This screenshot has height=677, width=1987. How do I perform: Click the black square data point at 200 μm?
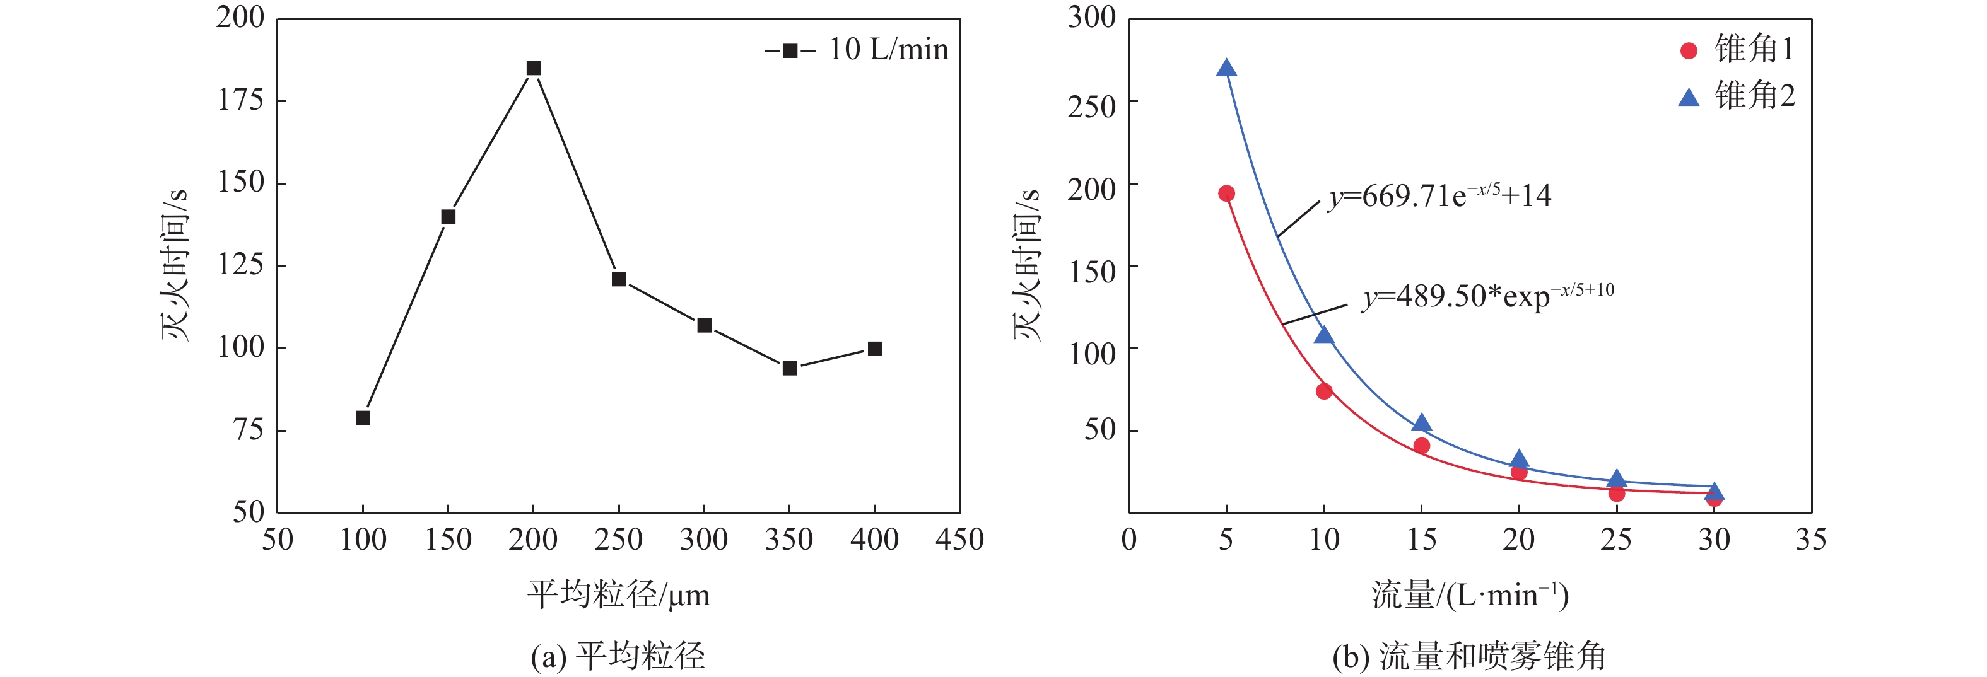533,69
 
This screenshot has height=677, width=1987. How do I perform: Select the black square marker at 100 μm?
363,418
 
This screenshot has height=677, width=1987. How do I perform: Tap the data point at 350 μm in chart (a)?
789,369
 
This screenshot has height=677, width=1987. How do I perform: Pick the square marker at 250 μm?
619,279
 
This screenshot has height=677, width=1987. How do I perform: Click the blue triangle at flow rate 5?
1226,69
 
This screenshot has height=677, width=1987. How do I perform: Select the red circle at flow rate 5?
1226,194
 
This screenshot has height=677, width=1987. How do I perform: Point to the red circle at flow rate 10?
1323,391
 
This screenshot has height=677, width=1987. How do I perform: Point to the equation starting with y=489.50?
1487,295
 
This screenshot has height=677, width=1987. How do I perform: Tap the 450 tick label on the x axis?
959,539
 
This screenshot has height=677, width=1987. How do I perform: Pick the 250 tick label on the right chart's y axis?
1091,107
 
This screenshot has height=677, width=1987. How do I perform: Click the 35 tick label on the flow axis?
1810,539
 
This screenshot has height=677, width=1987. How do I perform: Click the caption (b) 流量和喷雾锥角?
1468,656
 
